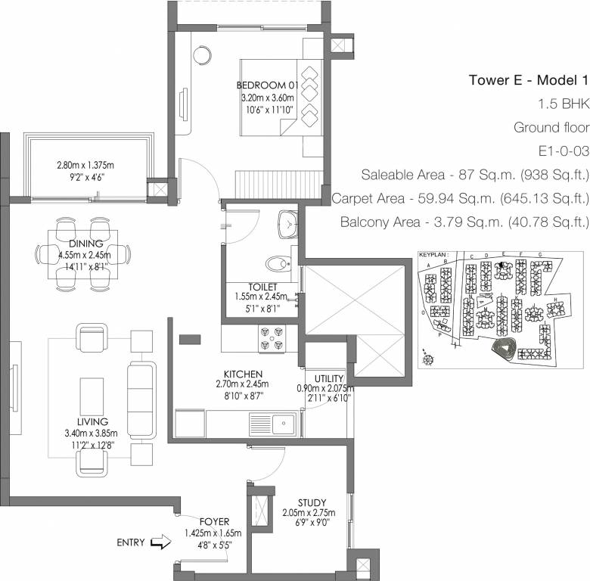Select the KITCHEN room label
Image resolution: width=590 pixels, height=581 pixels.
(243, 374)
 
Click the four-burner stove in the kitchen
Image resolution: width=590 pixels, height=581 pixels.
(272, 337)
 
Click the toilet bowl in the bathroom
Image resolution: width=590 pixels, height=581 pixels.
(278, 263)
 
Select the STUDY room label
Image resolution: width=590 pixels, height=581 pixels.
(312, 502)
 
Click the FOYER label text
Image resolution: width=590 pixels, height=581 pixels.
(214, 522)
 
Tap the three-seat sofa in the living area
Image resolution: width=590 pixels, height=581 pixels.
(141, 400)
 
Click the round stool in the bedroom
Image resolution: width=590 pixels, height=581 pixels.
(203, 56)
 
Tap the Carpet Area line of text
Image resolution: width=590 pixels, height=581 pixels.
(460, 199)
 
